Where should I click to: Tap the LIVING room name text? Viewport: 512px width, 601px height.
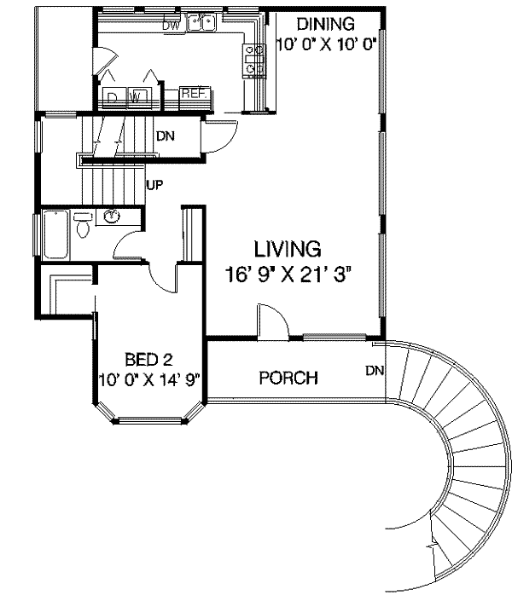287,249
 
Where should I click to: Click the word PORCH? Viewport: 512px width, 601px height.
288,378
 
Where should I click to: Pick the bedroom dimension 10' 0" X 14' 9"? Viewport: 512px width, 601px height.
148,379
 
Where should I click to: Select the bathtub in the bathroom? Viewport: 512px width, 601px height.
55,234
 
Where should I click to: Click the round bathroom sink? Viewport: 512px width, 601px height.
112,217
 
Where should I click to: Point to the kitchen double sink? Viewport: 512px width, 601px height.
201,23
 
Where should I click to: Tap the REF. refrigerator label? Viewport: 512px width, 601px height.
190,94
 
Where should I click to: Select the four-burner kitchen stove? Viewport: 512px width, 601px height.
253,60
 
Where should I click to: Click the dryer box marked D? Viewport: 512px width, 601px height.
113,96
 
